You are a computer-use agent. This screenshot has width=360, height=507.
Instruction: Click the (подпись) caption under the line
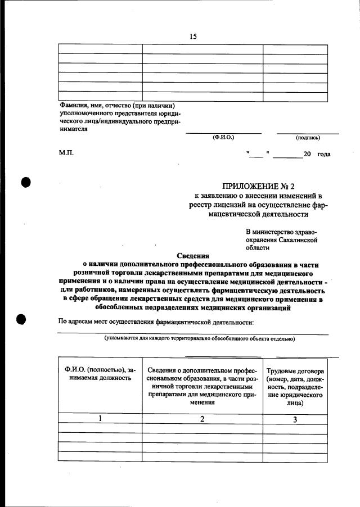tap(308, 138)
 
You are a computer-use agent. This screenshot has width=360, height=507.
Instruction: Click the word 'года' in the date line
tap(323, 154)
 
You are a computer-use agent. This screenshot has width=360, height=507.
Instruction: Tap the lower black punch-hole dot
tap(22, 319)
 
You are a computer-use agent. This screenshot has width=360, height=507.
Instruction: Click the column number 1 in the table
tap(100, 419)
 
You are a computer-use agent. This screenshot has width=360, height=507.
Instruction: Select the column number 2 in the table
tap(202, 419)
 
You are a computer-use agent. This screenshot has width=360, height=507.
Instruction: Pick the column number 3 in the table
tap(295, 419)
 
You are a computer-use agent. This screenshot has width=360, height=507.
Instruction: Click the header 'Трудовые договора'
tap(295, 371)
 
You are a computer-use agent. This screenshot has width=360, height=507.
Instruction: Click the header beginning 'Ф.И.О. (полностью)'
tap(100, 374)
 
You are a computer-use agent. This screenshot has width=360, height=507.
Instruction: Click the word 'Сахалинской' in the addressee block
tap(299, 239)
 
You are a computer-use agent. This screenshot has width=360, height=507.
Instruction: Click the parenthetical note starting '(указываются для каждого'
tap(199, 338)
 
